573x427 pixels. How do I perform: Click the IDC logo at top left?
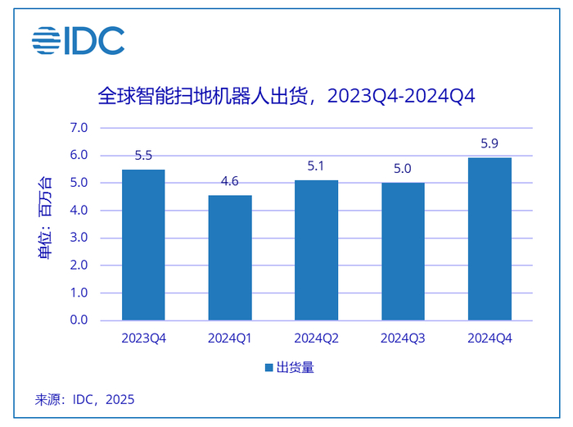click(x=79, y=41)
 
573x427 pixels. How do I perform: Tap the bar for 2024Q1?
click(x=230, y=257)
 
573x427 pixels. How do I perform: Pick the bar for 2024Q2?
click(x=316, y=250)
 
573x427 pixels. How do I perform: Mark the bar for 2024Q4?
click(x=490, y=238)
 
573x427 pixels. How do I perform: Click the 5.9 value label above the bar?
click(x=490, y=144)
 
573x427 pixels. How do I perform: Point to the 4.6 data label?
click(x=230, y=181)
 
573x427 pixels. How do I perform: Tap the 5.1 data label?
click(x=316, y=166)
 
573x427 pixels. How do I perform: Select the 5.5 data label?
click(x=143, y=156)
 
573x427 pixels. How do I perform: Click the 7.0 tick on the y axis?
click(x=79, y=128)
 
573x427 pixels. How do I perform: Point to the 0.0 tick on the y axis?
click(x=79, y=320)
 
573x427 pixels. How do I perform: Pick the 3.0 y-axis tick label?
click(x=79, y=238)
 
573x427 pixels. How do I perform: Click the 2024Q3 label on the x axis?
click(x=403, y=338)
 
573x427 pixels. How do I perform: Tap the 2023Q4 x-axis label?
click(x=143, y=338)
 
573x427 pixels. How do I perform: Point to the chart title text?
click(x=286, y=97)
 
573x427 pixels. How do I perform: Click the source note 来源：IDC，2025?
click(x=84, y=400)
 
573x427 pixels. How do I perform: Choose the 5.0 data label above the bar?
click(x=403, y=169)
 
